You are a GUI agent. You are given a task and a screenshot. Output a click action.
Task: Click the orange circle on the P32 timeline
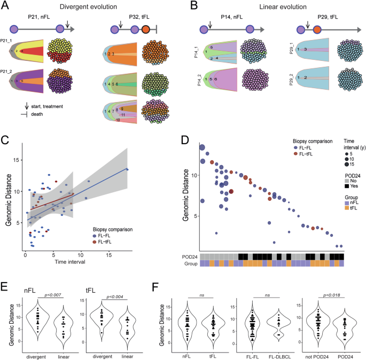[146, 30]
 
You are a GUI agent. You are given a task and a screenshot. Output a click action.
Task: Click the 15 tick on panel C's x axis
[109, 255]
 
